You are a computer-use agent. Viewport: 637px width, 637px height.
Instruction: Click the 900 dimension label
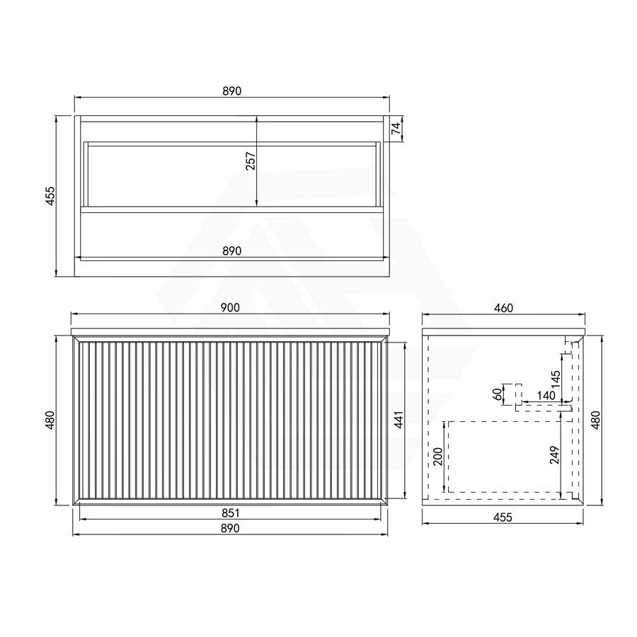point(230,308)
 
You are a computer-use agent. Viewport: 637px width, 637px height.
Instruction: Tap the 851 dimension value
point(230,514)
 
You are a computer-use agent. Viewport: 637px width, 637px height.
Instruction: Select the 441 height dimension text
point(398,420)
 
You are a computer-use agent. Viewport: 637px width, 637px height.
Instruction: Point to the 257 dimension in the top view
point(251,161)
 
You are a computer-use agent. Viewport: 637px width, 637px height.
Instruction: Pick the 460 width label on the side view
point(503,308)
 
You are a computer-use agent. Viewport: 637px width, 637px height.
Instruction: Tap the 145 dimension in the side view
point(556,379)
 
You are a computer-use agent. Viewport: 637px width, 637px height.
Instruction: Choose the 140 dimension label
point(546,395)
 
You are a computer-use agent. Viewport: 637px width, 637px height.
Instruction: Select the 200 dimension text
point(437,457)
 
